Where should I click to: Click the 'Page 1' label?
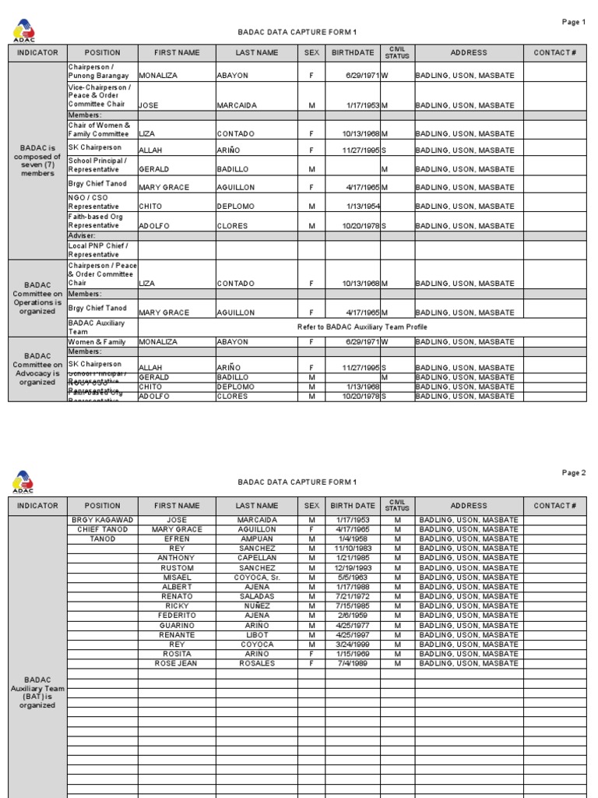[x=573, y=22]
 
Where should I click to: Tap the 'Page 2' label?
[x=573, y=473]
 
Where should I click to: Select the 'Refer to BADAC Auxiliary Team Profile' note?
[x=362, y=327]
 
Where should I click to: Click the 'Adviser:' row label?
[x=82, y=235]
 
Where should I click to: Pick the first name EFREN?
[x=177, y=538]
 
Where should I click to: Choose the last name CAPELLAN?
[x=257, y=558]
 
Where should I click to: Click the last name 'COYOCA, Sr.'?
[x=257, y=577]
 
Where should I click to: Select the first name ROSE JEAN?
[x=177, y=664]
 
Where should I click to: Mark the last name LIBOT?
[x=257, y=635]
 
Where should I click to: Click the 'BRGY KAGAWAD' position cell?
[x=103, y=520]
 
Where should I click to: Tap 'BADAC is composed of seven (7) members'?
[x=37, y=161]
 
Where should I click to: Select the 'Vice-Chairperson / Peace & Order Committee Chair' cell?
[x=100, y=96]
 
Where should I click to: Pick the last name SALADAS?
[x=257, y=596]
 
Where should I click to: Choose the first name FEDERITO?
[x=177, y=616]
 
